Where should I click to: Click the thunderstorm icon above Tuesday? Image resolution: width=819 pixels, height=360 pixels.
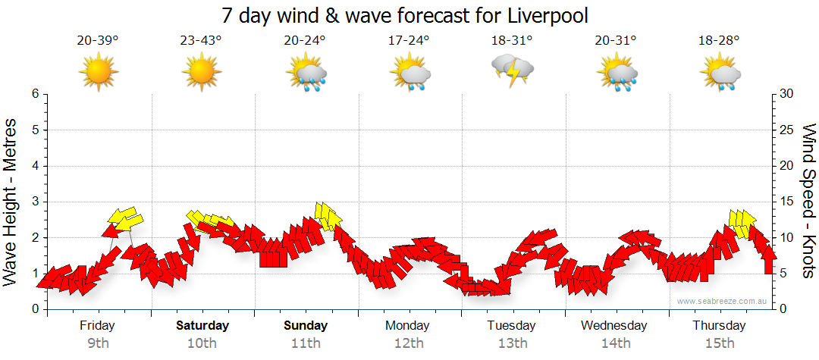coord(513,71)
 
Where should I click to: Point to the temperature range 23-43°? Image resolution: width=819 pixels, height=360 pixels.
coord(201,40)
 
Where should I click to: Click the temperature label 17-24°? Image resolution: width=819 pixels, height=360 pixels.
coord(409,40)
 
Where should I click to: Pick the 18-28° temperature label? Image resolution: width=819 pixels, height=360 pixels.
coord(719,40)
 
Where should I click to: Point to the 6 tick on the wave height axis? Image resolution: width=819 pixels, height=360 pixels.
coord(34,94)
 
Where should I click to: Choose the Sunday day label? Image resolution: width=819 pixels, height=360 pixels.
coord(306,326)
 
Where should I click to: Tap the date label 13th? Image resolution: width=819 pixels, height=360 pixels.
coord(513,343)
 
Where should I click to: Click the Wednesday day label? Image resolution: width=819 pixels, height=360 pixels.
coord(614,326)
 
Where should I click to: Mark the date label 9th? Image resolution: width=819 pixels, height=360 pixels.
coord(98,343)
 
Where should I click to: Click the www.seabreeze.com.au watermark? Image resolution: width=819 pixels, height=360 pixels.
coord(723,301)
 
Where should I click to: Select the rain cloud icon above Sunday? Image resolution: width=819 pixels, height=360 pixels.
coord(306,74)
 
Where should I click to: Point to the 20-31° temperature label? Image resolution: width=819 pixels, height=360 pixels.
coord(615,40)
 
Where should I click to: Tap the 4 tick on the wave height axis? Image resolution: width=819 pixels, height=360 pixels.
coord(34,166)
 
